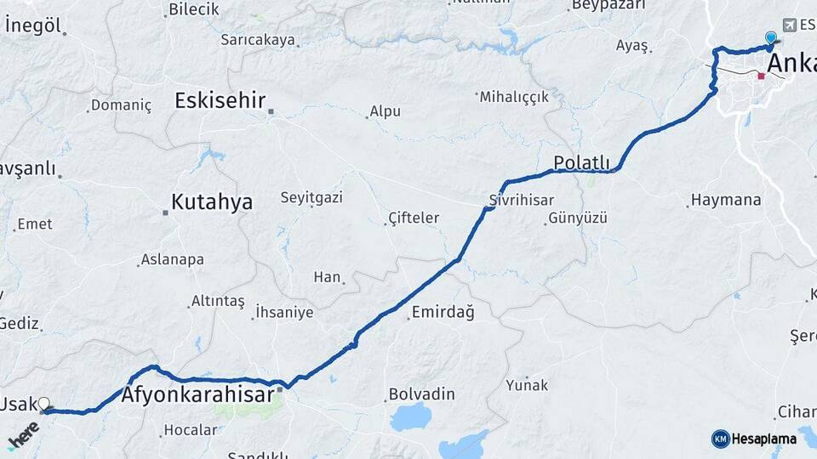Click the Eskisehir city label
pyautogui.click(x=220, y=100)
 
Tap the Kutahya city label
pyautogui.click(x=212, y=202)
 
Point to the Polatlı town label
pyautogui.click(x=581, y=162)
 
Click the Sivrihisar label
pyautogui.click(x=521, y=200)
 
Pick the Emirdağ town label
pyautogui.click(x=443, y=313)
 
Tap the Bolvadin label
pyautogui.click(x=421, y=394)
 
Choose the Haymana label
pyautogui.click(x=726, y=201)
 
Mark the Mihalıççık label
pyautogui.click(x=514, y=97)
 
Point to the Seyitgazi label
pyautogui.click(x=311, y=197)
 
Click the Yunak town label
pyautogui.click(x=528, y=384)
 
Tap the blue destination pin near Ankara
pyautogui.click(x=771, y=38)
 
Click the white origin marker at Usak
pyautogui.click(x=43, y=405)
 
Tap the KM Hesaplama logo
pyautogui.click(x=755, y=439)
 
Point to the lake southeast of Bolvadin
pyautogui.click(x=412, y=417)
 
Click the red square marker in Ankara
pyautogui.click(x=762, y=76)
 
